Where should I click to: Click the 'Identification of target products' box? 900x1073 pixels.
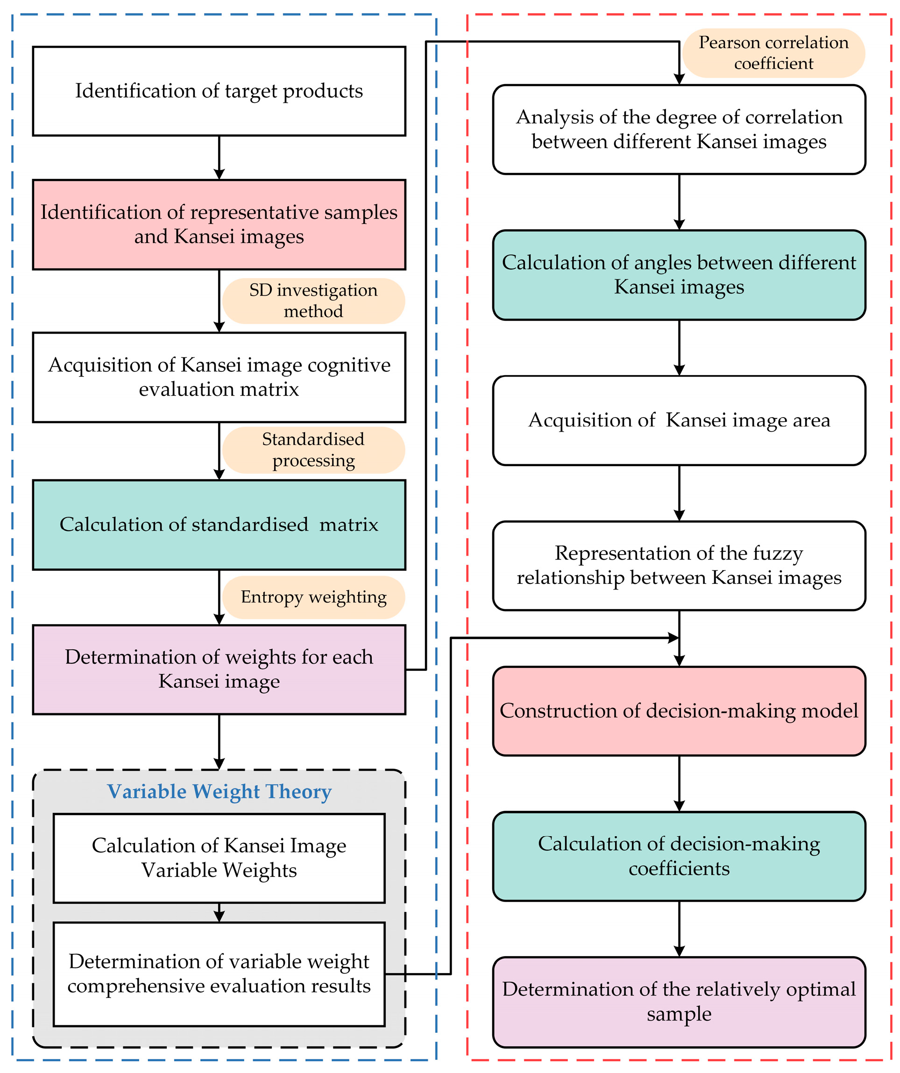pos(219,91)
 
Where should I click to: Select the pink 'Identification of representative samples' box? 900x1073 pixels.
pos(219,224)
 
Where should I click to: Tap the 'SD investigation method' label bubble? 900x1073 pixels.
pos(313,300)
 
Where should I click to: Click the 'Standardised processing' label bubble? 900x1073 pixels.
pos(313,450)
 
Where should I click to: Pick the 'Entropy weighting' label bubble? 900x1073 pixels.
pos(313,597)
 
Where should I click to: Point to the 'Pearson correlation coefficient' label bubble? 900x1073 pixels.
pos(773,53)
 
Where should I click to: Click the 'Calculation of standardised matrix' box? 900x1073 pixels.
pos(219,524)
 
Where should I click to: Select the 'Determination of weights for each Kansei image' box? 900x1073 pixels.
pos(219,669)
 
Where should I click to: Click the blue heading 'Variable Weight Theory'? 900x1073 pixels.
pos(219,791)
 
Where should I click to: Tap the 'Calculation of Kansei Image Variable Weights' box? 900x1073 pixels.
pos(219,858)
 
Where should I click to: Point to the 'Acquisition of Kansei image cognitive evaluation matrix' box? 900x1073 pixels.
pos(219,377)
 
